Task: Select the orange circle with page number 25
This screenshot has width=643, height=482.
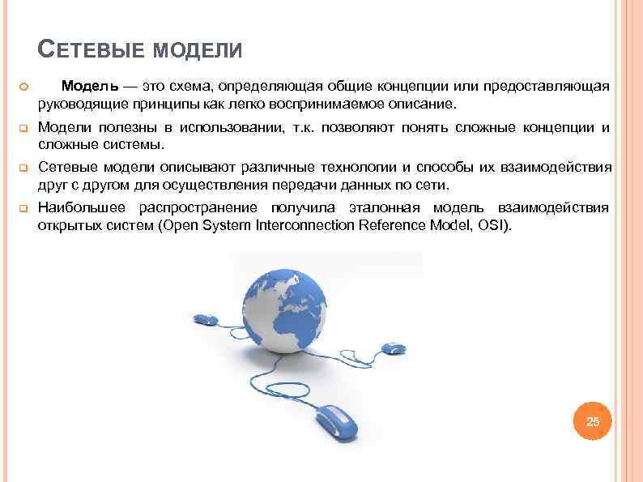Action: coord(593,421)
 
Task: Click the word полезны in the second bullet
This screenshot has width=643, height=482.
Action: coord(129,127)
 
